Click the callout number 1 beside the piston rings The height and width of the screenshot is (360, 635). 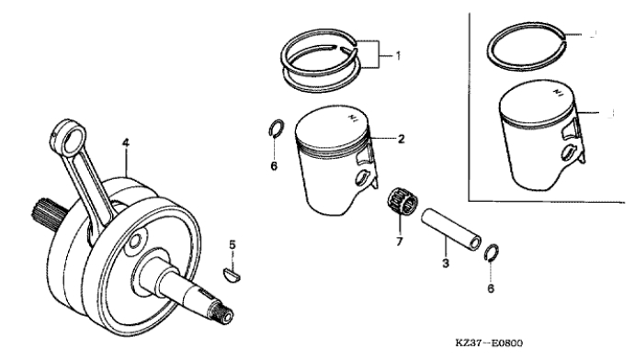[398, 55]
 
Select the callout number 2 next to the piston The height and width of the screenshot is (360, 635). [401, 140]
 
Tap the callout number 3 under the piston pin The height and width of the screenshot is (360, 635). [446, 264]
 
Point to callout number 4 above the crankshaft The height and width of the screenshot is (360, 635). [126, 142]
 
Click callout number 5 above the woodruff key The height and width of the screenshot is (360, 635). [232, 244]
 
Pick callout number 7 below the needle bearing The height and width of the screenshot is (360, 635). [400, 242]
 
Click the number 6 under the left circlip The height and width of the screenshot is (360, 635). [274, 166]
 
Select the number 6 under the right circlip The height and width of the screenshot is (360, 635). [491, 288]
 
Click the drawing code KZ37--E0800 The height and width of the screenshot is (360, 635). [489, 343]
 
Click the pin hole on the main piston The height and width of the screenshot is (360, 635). [361, 178]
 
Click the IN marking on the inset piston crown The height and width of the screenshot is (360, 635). [558, 93]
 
